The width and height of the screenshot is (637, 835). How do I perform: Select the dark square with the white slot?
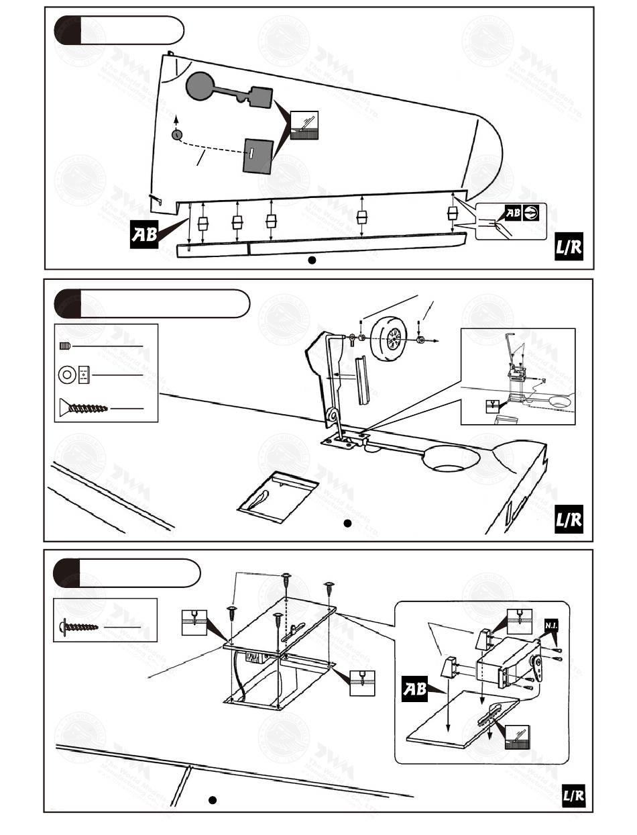pos(258,156)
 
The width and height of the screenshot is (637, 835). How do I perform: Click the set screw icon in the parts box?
pos(65,346)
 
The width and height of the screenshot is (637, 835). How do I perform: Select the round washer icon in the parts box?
pos(67,374)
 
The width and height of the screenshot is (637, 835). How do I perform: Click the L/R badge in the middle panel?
pos(569,520)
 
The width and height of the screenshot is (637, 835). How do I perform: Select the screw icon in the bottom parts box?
pos(79,626)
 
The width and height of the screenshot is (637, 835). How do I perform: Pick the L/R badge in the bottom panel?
pos(573,796)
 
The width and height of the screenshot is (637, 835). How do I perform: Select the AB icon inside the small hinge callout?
pos(512,213)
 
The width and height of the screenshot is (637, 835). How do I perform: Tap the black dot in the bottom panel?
pos(212,799)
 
